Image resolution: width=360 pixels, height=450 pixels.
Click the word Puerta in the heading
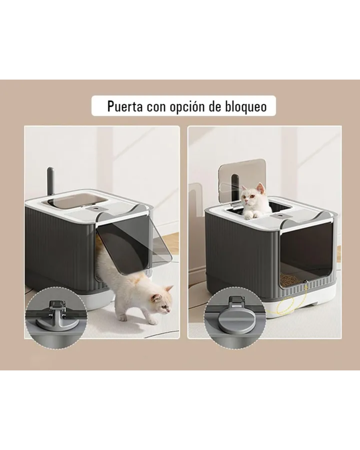point(125,106)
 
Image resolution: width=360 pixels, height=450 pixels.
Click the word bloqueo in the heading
point(246,107)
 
